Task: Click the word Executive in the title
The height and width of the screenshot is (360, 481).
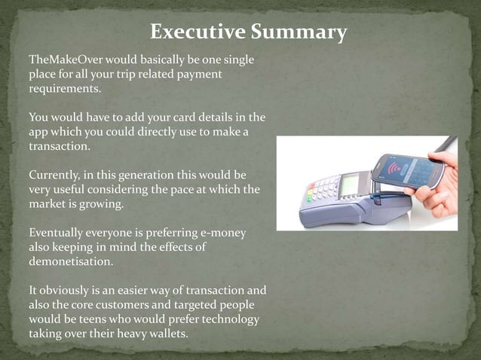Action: point(195,32)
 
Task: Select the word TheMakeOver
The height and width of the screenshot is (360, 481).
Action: point(66,59)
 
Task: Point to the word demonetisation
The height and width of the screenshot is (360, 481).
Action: point(71,261)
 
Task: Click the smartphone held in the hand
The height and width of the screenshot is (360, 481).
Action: point(406,172)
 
